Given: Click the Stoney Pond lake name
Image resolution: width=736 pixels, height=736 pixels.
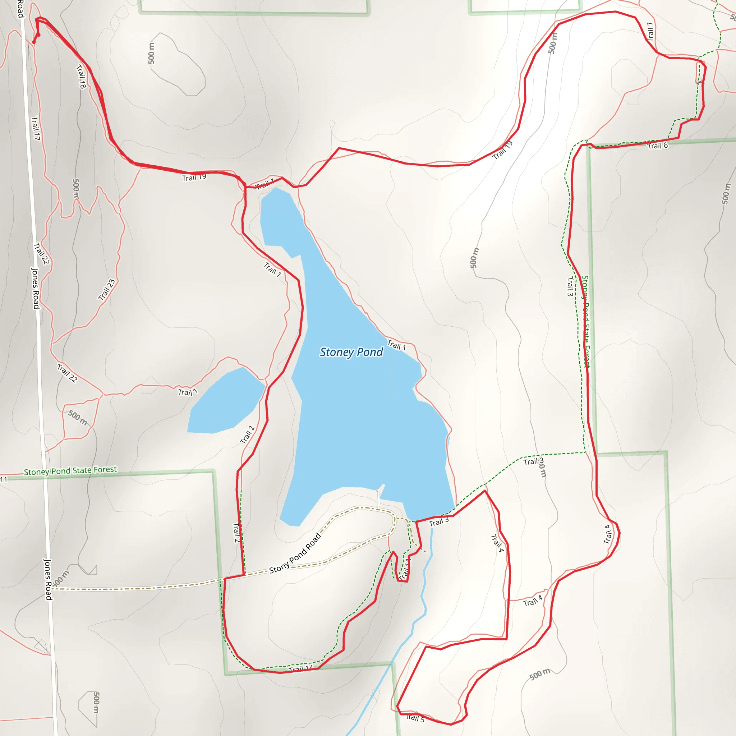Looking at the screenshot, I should pyautogui.click(x=351, y=352).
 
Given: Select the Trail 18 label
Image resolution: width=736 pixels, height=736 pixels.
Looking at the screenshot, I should pyautogui.click(x=81, y=77).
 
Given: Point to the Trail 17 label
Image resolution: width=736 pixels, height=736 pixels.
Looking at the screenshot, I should pyautogui.click(x=36, y=128).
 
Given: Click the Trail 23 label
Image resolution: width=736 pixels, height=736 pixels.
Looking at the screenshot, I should pyautogui.click(x=107, y=290).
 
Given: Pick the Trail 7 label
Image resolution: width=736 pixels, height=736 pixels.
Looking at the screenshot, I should pyautogui.click(x=650, y=31).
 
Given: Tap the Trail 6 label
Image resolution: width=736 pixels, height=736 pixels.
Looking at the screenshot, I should pyautogui.click(x=658, y=146).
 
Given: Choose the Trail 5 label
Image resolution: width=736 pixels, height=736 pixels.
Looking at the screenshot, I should pyautogui.click(x=415, y=718).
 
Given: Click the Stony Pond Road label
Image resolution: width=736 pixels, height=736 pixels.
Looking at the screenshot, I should pyautogui.click(x=295, y=553).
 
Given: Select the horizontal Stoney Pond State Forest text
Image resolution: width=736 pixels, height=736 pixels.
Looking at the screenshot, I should pyautogui.click(x=70, y=471).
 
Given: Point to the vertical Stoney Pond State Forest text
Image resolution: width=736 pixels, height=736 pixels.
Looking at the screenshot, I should pyautogui.click(x=585, y=321).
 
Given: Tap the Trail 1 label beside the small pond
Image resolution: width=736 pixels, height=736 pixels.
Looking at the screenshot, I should pyautogui.click(x=188, y=392).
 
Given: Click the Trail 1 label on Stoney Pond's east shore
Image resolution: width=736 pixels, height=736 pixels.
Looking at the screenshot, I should pyautogui.click(x=397, y=345).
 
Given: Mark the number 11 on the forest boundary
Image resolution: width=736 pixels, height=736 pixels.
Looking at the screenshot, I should pyautogui.click(x=4, y=479).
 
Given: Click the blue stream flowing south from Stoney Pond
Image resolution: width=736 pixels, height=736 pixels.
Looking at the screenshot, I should pyautogui.click(x=423, y=594).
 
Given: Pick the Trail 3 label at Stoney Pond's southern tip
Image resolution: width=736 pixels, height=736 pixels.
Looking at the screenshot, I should pyautogui.click(x=439, y=522).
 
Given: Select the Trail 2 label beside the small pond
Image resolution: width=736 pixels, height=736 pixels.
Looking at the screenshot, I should pyautogui.click(x=247, y=435).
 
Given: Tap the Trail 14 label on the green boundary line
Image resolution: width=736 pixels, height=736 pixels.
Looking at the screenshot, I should pyautogui.click(x=300, y=668).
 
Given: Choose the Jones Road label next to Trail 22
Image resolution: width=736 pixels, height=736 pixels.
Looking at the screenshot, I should pyautogui.click(x=36, y=288).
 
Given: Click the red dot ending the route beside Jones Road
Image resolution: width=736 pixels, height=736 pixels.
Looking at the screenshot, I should pyautogui.click(x=34, y=42).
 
